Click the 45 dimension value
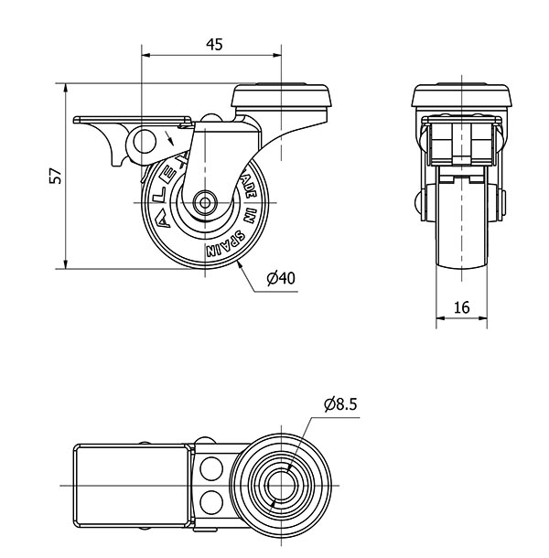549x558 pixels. point(213,44)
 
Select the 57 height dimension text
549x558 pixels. point(56,177)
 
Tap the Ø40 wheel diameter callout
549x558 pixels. point(281,279)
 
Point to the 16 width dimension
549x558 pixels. point(461,308)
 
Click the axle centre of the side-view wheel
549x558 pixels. point(203,201)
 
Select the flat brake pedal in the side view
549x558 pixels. point(134,120)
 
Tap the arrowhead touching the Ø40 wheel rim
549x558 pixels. point(239,263)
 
